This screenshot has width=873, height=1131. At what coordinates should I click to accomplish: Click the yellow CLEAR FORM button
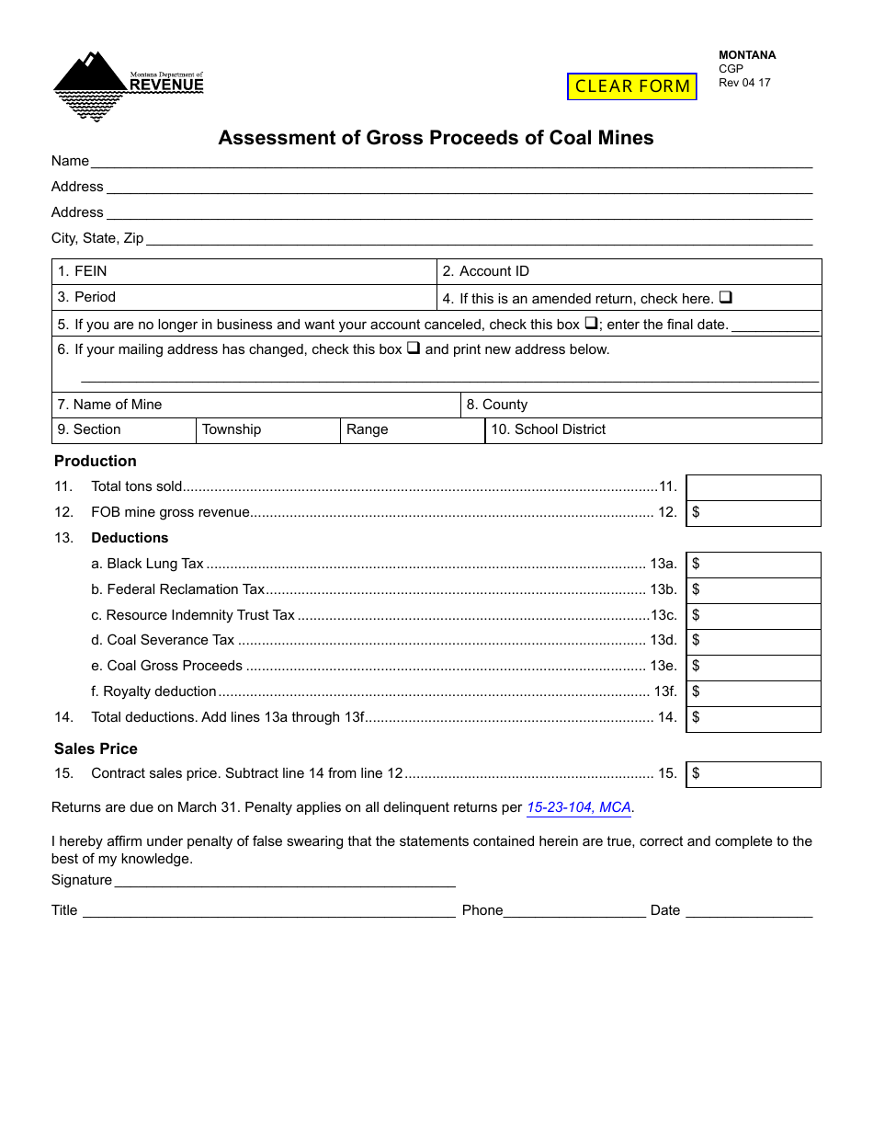tap(632, 86)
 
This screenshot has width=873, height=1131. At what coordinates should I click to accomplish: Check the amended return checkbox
tap(725, 298)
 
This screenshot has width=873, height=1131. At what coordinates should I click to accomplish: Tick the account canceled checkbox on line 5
tap(591, 324)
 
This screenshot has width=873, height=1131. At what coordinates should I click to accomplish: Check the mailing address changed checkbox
tap(413, 348)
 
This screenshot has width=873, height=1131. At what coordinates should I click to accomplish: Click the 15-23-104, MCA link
tap(579, 807)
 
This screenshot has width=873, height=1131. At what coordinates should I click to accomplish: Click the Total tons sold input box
tap(754, 487)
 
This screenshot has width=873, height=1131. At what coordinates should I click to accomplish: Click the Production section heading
tap(95, 461)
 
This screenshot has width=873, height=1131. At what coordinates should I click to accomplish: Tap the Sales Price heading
tap(96, 748)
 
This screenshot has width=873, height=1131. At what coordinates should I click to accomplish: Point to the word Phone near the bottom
tap(482, 910)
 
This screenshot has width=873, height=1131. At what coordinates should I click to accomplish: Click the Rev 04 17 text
tap(744, 83)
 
